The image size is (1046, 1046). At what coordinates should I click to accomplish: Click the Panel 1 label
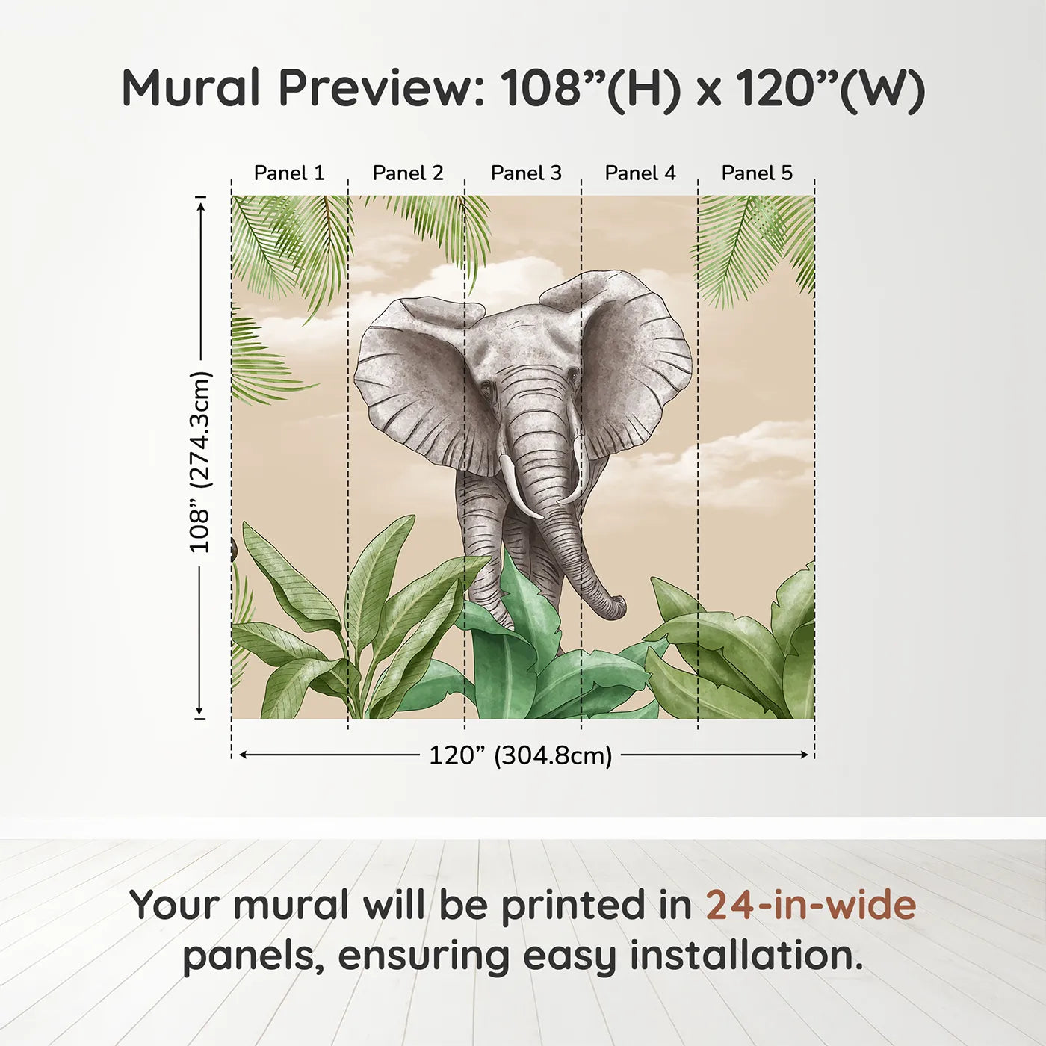coord(289,173)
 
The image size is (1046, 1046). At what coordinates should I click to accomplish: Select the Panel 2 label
coord(408,173)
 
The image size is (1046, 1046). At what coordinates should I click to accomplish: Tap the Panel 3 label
coord(526,173)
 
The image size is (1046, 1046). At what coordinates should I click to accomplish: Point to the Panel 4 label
coord(640,173)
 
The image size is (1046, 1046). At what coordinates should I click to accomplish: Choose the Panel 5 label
coord(757,173)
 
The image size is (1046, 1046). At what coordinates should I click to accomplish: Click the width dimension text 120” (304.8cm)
coord(520,755)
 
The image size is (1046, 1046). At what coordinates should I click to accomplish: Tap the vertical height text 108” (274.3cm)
coord(200,462)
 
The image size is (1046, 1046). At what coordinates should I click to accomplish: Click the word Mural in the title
coord(191,87)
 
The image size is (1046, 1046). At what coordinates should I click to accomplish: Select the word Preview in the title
coord(381,87)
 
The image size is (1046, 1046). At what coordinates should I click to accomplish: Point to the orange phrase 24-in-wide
coord(811,905)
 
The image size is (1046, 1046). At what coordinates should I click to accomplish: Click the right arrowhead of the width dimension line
coord(805,755)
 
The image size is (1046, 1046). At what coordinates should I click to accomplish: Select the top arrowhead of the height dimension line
coord(200,204)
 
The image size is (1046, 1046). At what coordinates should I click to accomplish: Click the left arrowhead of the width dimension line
coord(243,755)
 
